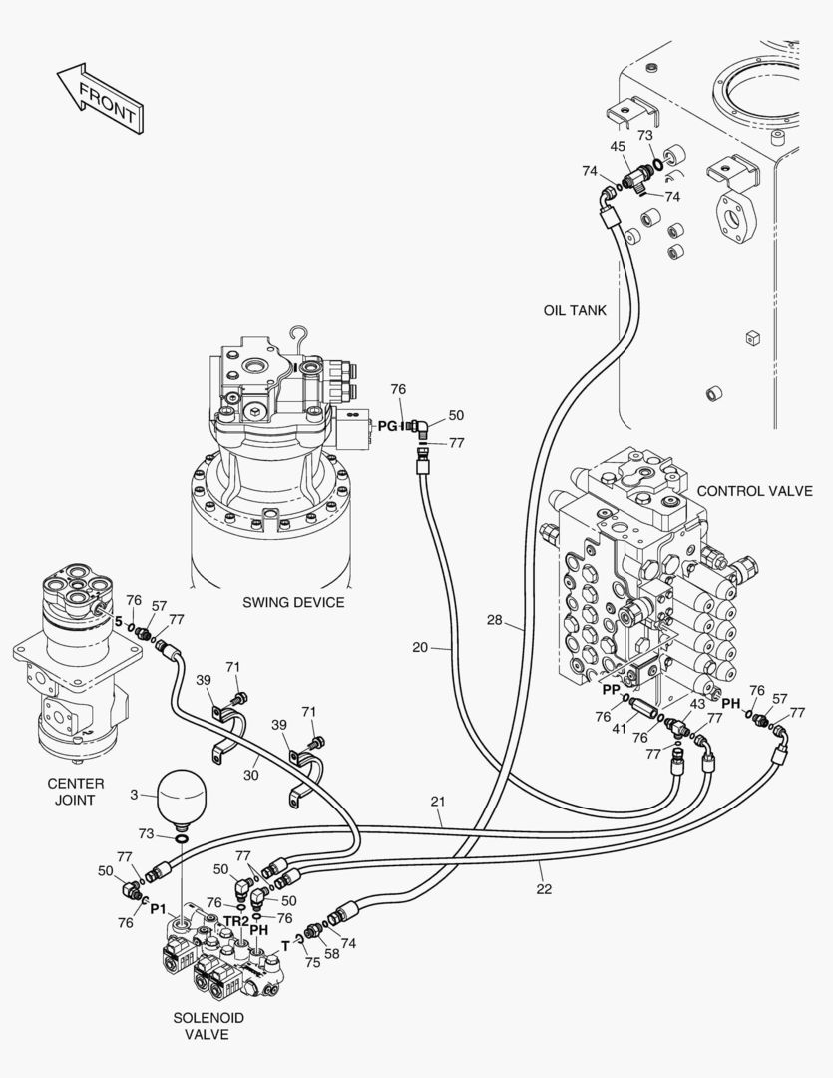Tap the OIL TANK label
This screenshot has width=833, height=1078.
(574, 310)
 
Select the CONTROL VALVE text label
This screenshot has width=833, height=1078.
(754, 491)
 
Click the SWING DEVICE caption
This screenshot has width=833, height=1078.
(293, 602)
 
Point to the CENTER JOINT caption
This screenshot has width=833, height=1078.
(75, 792)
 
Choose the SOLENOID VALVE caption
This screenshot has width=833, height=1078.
(208, 1026)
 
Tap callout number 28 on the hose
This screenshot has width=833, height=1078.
(495, 622)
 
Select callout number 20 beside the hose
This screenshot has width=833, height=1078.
(420, 647)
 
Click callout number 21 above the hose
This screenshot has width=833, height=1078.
(437, 801)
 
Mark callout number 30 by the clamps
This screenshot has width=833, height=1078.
(250, 774)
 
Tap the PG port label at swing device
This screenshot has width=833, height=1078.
(386, 426)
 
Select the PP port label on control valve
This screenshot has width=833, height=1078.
(611, 689)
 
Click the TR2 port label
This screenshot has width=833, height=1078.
(236, 920)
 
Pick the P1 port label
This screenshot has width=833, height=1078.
(158, 908)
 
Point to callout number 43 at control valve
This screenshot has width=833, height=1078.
(697, 704)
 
